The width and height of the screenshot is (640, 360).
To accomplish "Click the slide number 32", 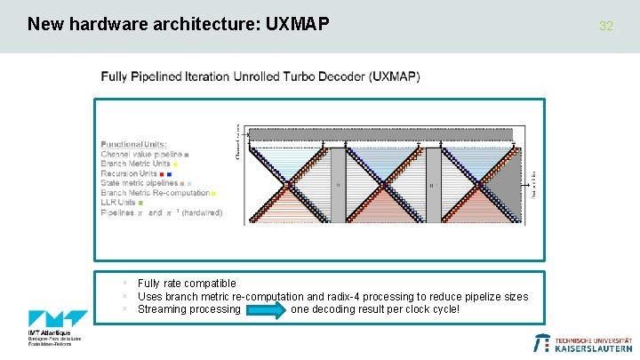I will [x=606, y=26].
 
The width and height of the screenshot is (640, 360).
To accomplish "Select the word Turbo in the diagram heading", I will [x=285, y=76].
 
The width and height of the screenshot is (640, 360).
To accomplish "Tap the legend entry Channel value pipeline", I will [x=142, y=155].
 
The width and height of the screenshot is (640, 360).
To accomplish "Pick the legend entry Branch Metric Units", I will [x=136, y=164].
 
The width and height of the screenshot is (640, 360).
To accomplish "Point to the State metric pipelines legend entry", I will [x=143, y=183].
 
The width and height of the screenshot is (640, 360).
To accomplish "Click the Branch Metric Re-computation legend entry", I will [x=155, y=193].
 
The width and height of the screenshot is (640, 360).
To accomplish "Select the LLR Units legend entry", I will [x=121, y=203].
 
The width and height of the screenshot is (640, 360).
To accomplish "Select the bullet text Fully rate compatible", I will [x=187, y=284].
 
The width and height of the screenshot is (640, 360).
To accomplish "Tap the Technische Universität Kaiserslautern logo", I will [x=581, y=343].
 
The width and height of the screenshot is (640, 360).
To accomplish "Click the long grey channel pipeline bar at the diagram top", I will [x=380, y=133].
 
